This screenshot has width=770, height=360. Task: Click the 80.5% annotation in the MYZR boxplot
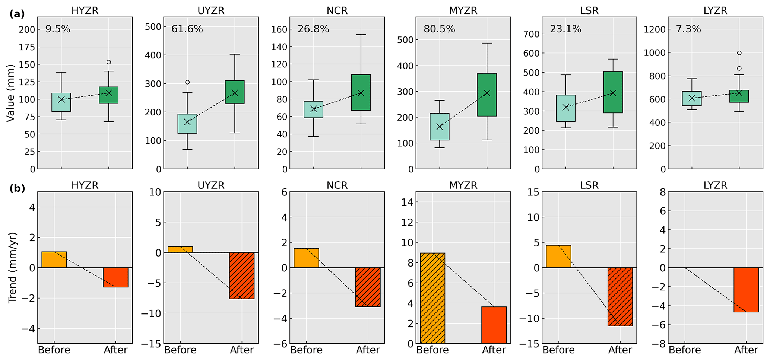[x=439, y=29]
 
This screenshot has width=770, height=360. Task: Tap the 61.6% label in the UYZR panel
[x=187, y=29]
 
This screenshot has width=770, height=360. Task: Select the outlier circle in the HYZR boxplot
[x=109, y=62]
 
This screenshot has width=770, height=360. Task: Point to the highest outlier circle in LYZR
[x=739, y=53]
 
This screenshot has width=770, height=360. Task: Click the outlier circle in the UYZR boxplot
[x=187, y=82]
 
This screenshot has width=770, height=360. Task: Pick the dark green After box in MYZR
[x=487, y=95]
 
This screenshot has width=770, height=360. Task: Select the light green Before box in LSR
[x=565, y=108]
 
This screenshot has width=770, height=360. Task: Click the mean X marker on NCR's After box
[x=361, y=93]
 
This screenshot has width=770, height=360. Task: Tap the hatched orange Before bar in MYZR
[x=432, y=298]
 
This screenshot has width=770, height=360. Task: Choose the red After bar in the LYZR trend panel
[x=746, y=290]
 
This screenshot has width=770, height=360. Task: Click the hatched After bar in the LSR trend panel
[x=620, y=297]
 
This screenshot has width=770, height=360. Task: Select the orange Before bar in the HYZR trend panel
[x=54, y=259]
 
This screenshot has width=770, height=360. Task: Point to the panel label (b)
[x=17, y=189]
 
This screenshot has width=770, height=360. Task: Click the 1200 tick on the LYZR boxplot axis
[x=654, y=29]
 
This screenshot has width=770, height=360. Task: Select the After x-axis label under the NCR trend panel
[x=368, y=350]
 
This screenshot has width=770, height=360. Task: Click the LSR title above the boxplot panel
[x=589, y=10]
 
